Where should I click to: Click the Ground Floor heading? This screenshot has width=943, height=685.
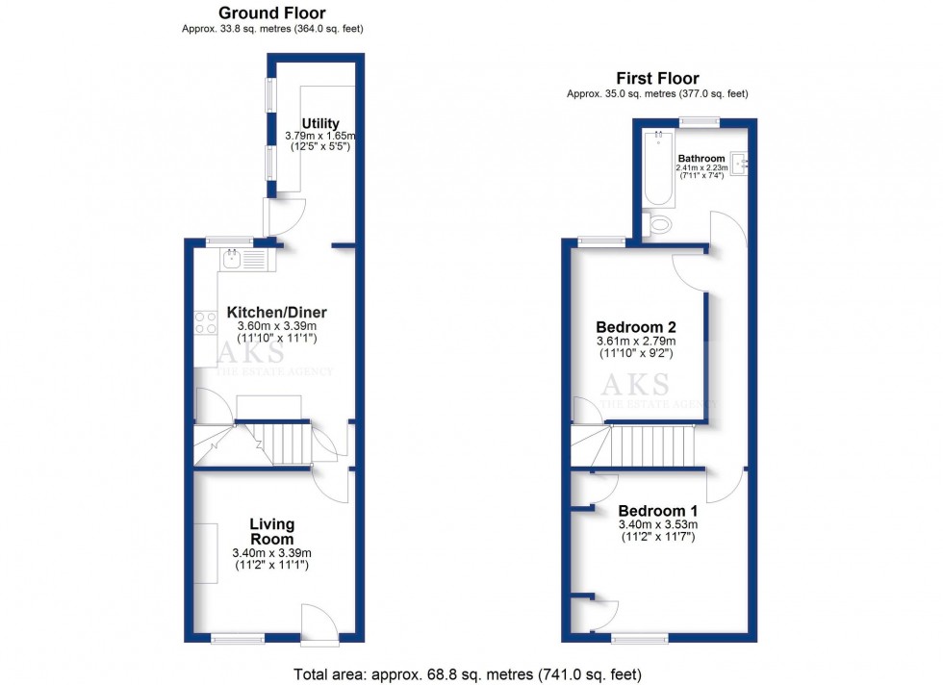271,13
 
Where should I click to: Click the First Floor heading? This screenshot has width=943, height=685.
657,78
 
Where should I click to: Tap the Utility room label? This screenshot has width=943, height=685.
320,123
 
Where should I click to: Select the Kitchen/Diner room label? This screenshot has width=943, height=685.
276,313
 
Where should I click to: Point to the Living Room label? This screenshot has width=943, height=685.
271,531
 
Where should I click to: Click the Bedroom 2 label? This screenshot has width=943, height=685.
636,325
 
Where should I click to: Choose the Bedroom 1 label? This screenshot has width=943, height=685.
657,510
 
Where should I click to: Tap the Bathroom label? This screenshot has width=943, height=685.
701,158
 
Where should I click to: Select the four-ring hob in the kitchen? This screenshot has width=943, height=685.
206,322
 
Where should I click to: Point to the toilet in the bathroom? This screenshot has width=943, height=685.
662,225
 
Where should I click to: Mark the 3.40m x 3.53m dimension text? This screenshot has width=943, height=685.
657,524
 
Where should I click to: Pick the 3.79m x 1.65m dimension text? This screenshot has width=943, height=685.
320,138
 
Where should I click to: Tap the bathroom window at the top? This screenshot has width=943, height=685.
698,121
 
